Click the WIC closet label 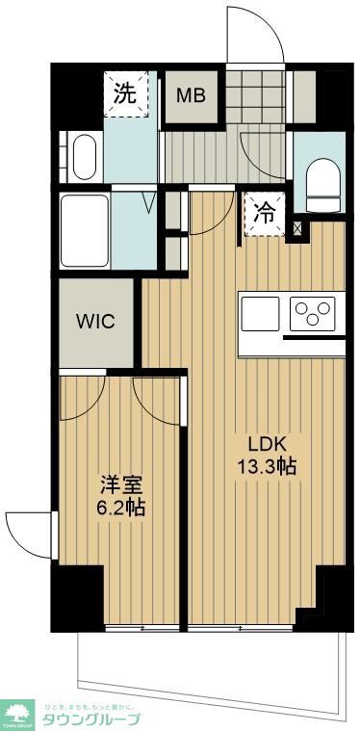click(x=96, y=321)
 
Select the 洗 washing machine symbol click(x=126, y=93)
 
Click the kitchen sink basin click(x=260, y=313)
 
